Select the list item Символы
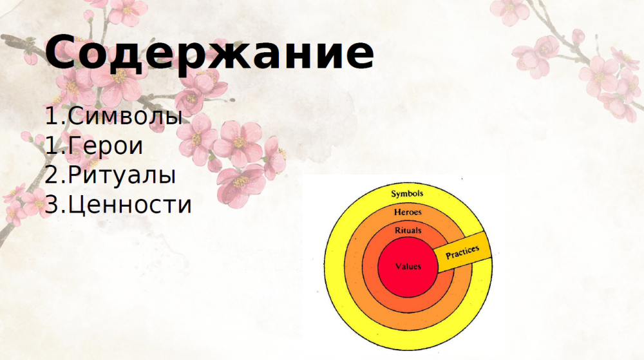(x=126, y=116)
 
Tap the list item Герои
(x=106, y=146)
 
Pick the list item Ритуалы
(x=122, y=175)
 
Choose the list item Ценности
(x=130, y=205)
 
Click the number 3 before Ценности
(x=52, y=205)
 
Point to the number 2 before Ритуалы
(x=52, y=175)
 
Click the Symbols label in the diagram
(x=406, y=194)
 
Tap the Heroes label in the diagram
(x=408, y=213)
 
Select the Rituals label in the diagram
(x=408, y=231)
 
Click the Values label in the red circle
(x=408, y=267)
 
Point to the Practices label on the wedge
(x=462, y=252)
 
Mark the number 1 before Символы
(x=52, y=116)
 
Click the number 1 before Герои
(x=52, y=146)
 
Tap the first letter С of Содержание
(x=62, y=52)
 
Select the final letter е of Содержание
(x=358, y=56)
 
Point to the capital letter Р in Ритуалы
(x=75, y=175)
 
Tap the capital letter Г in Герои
(x=75, y=146)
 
